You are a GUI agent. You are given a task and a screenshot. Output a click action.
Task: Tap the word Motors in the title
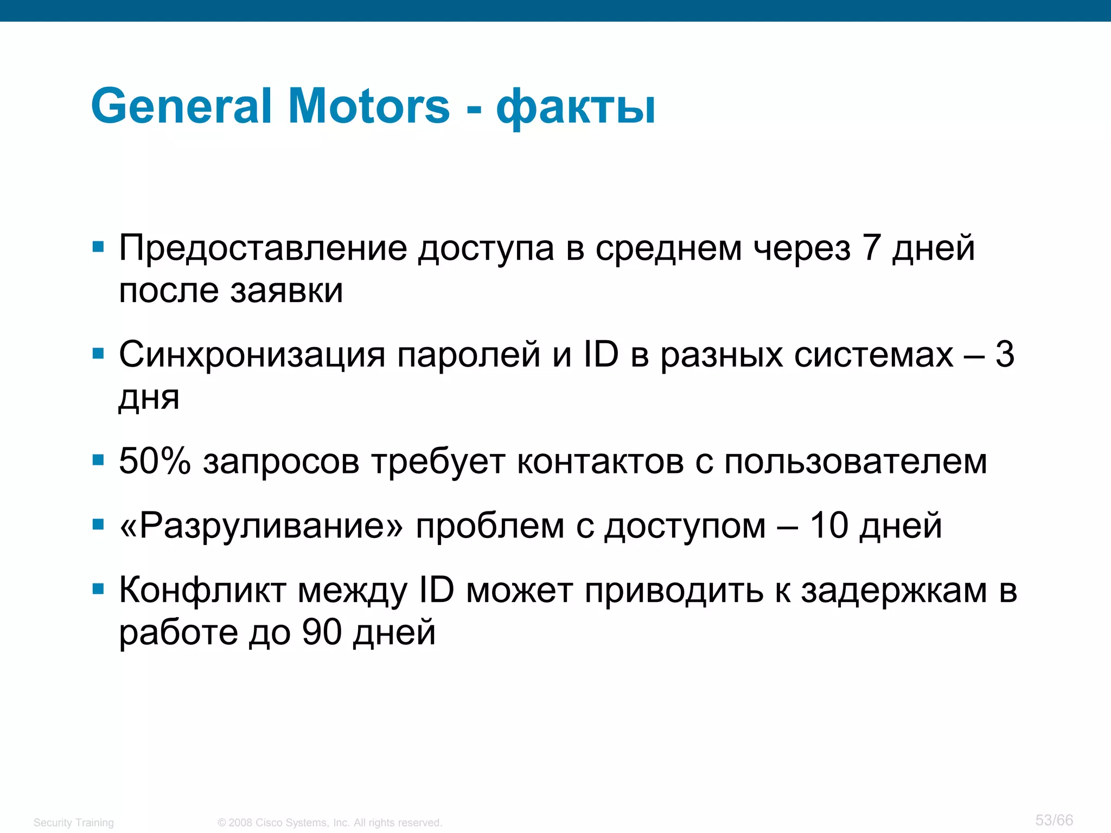pos(369,106)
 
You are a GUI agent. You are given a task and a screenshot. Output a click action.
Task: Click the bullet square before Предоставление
pos(98,248)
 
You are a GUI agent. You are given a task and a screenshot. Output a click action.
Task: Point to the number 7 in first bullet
pos(871,248)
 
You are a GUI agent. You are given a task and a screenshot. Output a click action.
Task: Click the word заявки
pos(286,291)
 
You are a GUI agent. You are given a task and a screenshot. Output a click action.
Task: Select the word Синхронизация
pos(252,355)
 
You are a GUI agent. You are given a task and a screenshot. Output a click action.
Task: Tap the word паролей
pos(469,355)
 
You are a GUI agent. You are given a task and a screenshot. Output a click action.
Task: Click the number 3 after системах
pos(1005,355)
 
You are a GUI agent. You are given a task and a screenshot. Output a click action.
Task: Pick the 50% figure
pos(155,462)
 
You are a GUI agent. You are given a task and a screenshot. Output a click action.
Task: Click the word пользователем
pos(855,463)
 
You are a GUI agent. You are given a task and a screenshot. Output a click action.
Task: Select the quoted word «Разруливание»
pos(261,526)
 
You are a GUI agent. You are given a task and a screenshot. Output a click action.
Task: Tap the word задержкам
pos(894,591)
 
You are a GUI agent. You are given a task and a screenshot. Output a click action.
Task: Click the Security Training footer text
pos(74,823)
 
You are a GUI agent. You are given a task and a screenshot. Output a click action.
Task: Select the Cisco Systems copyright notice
pos(330,823)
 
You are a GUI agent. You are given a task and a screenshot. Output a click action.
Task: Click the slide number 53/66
pos(1054,820)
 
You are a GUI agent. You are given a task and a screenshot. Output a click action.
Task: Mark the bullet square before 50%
pos(98,461)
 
